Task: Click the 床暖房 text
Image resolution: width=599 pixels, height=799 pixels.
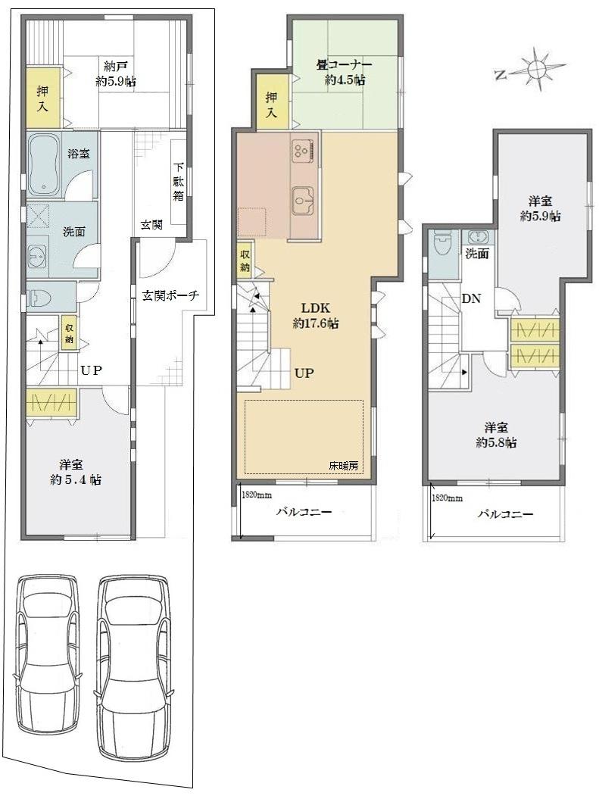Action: point(343,465)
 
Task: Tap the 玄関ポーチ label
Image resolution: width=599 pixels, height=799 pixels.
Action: point(170,295)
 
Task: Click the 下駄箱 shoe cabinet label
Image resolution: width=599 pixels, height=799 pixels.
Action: point(179,182)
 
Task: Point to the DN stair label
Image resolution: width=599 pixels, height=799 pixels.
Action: point(471,298)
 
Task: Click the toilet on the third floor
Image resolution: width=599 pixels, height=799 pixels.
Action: point(441,246)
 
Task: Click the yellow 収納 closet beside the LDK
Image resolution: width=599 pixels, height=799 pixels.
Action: point(245,260)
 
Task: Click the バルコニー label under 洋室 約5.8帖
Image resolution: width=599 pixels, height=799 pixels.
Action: point(505,514)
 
